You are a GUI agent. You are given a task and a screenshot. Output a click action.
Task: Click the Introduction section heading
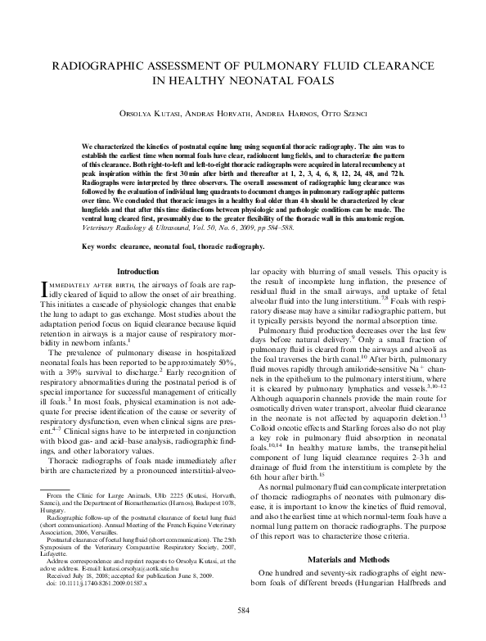point(139,271)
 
